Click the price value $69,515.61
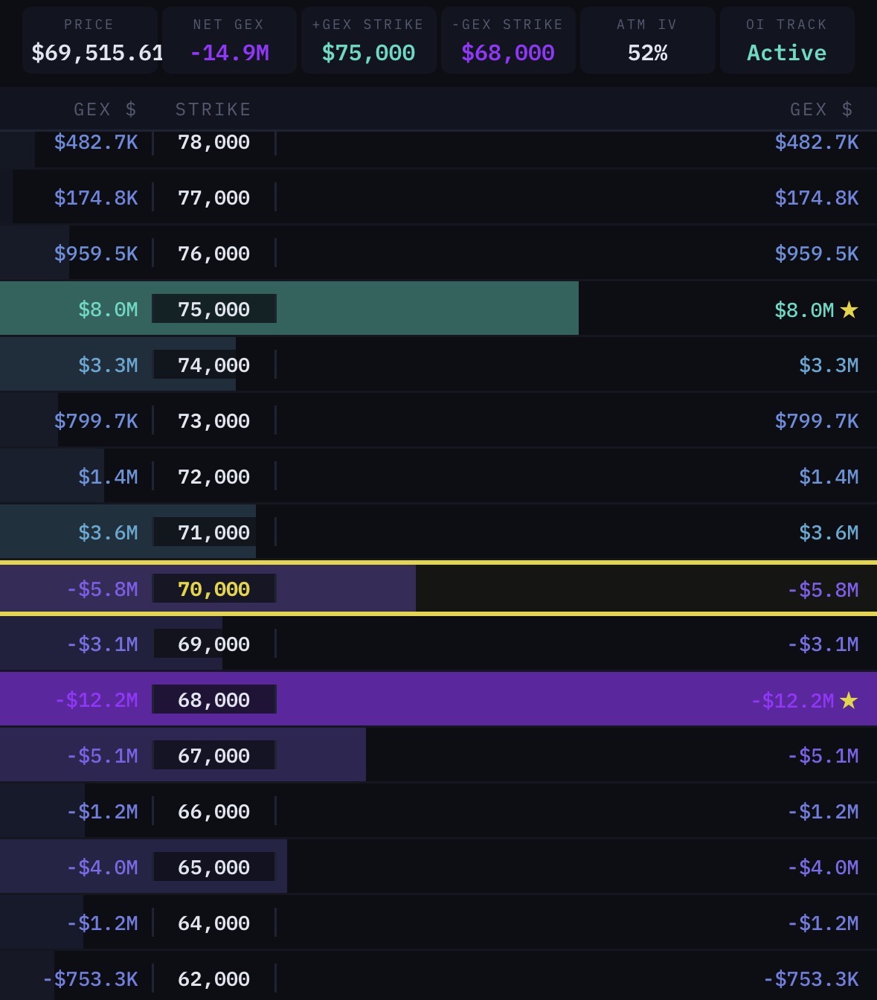pyautogui.click(x=97, y=53)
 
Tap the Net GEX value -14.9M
pyautogui.click(x=229, y=53)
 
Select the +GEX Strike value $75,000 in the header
pyautogui.click(x=368, y=53)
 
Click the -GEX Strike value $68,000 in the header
pyautogui.click(x=507, y=53)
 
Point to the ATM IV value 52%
pyautogui.click(x=647, y=53)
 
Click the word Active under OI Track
pyautogui.click(x=786, y=53)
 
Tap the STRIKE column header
pyautogui.click(x=213, y=109)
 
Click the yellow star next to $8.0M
pyautogui.click(x=849, y=310)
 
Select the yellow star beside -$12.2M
pyautogui.click(x=849, y=700)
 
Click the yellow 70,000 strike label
pyautogui.click(x=213, y=589)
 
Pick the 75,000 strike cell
pyautogui.click(x=213, y=310)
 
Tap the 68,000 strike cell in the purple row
pyautogui.click(x=213, y=700)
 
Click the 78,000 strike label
pyautogui.click(x=213, y=142)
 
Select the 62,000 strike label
pyautogui.click(x=213, y=979)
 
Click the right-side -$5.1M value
pyautogui.click(x=823, y=756)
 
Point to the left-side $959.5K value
pyautogui.click(x=96, y=254)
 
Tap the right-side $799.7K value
pyautogui.click(x=816, y=421)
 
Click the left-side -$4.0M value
pyautogui.click(x=102, y=868)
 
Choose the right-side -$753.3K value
pyautogui.click(x=811, y=979)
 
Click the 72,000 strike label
pyautogui.click(x=213, y=477)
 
